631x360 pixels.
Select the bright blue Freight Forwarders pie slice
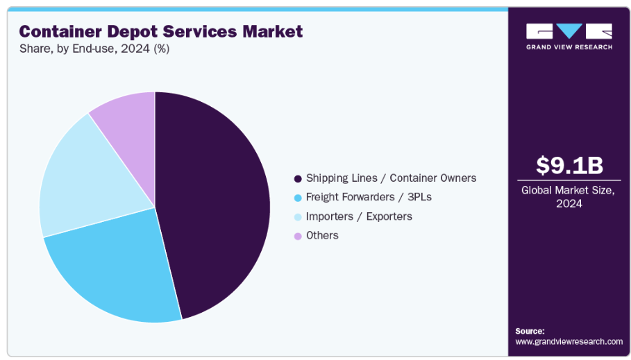118,271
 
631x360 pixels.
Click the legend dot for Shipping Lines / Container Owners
298,178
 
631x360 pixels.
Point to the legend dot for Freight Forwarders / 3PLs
298,198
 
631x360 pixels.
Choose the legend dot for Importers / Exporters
298,216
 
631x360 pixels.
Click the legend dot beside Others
298,236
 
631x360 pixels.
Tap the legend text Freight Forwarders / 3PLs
369,197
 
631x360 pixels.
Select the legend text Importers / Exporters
359,216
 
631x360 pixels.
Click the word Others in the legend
322,235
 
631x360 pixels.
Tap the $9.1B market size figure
569,165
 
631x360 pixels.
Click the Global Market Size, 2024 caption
569,197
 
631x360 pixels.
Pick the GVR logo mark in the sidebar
569,31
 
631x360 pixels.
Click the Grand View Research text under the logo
569,47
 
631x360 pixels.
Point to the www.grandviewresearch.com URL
569,341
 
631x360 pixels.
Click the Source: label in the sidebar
530,331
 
